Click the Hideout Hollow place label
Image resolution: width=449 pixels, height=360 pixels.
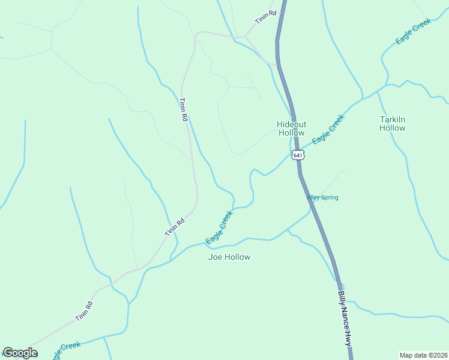tap(292, 128)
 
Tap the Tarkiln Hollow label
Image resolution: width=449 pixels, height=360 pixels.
tap(393, 124)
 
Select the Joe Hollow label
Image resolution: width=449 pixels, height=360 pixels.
tap(229, 257)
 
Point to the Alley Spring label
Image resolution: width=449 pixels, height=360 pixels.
tap(323, 197)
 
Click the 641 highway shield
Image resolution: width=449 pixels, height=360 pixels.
tap(298, 155)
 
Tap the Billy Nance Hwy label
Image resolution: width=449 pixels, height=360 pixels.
tap(343, 318)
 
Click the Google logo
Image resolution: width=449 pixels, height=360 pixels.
tap(20, 353)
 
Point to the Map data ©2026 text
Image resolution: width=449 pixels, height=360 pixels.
tap(423, 355)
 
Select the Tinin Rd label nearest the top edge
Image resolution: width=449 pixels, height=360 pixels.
tap(265, 17)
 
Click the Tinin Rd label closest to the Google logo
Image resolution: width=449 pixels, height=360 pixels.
tap(84, 311)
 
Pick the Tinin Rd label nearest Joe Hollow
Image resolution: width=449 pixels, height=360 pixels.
tap(175, 227)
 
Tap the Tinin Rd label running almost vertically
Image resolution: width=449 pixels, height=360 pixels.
tap(183, 110)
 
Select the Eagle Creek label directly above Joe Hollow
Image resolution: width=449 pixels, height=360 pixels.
tap(219, 227)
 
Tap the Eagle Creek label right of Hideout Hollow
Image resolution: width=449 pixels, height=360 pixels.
tap(328, 128)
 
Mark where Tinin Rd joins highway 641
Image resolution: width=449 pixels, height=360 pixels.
tap(278, 64)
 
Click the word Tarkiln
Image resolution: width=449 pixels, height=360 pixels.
tap(393, 119)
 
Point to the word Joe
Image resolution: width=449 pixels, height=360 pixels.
tap(215, 257)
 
